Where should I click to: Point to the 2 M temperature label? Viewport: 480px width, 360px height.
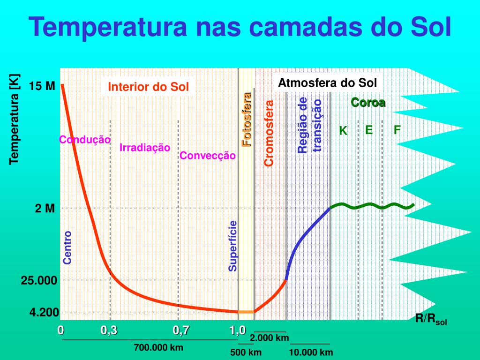click(45, 209)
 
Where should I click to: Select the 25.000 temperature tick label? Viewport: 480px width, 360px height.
click(39, 280)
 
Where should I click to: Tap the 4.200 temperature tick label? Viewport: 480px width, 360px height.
click(44, 313)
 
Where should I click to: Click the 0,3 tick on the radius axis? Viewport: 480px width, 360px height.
click(109, 330)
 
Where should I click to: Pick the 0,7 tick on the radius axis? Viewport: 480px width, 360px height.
click(181, 330)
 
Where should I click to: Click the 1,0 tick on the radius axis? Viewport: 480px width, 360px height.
click(238, 330)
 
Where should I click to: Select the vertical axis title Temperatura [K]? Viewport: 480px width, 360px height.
click(15, 120)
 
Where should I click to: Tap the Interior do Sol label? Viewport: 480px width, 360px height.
click(149, 87)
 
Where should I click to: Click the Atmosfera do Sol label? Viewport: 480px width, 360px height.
click(327, 83)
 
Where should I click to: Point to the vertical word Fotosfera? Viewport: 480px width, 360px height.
click(247, 120)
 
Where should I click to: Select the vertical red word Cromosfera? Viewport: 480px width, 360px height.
click(269, 133)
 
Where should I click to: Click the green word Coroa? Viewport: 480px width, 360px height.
click(368, 103)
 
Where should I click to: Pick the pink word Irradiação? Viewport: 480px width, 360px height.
click(145, 148)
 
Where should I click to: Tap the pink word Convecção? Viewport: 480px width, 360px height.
click(208, 156)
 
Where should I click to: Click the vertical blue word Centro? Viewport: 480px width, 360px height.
click(67, 247)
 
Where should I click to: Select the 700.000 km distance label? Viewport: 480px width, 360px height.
click(158, 347)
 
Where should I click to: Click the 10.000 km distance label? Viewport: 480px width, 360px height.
click(311, 352)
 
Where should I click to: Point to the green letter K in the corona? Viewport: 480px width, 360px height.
click(343, 131)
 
